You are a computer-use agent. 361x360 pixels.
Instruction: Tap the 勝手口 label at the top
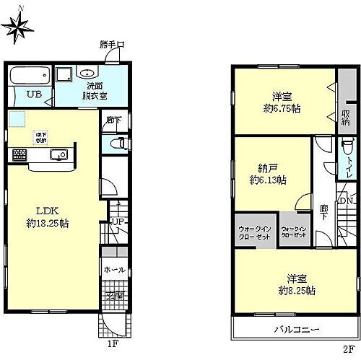click(113, 45)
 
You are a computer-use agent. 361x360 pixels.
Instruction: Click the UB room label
click(33, 94)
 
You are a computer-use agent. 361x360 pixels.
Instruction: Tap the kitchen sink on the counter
click(56, 154)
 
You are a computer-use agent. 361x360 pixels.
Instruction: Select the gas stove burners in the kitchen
click(19, 154)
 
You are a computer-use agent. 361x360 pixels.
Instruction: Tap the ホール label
click(114, 269)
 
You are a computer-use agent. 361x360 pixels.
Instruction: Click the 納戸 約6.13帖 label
click(267, 174)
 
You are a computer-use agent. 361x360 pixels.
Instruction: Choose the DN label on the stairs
click(346, 201)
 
